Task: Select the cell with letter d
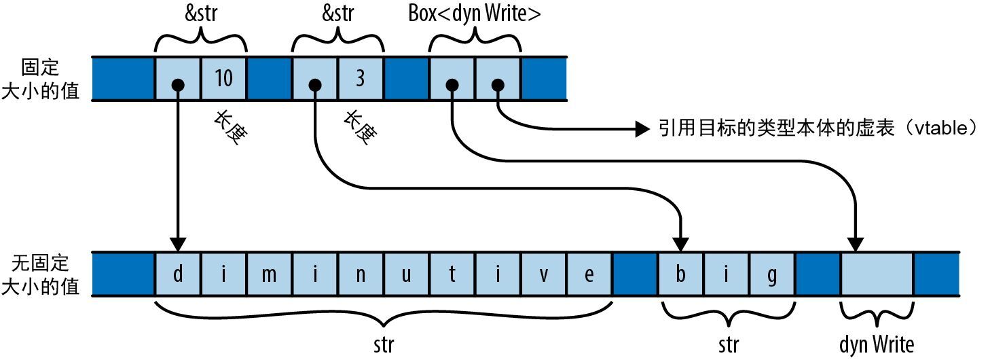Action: [x=178, y=275]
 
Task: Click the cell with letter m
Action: [x=270, y=275]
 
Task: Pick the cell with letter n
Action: [x=361, y=275]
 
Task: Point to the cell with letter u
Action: [x=406, y=275]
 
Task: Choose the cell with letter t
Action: [x=452, y=275]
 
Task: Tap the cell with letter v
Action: [x=543, y=275]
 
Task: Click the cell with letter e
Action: [x=589, y=275]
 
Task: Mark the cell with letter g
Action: [x=771, y=275]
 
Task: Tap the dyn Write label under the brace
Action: [x=876, y=344]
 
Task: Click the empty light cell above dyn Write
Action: [x=876, y=275]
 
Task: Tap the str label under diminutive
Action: [x=384, y=344]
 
